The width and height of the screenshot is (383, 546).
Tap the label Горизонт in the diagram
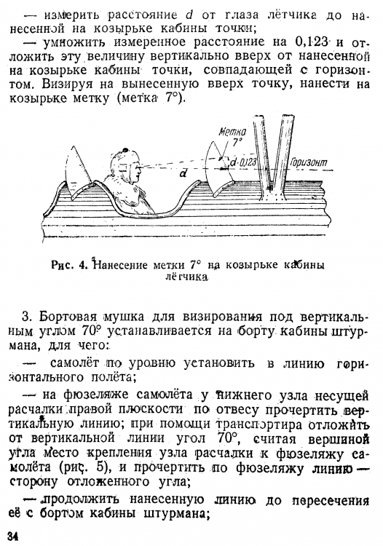(306, 162)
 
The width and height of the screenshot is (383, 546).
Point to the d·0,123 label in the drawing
(246, 163)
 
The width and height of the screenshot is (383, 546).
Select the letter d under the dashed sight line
(183, 174)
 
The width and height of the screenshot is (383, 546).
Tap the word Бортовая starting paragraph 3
(66, 317)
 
